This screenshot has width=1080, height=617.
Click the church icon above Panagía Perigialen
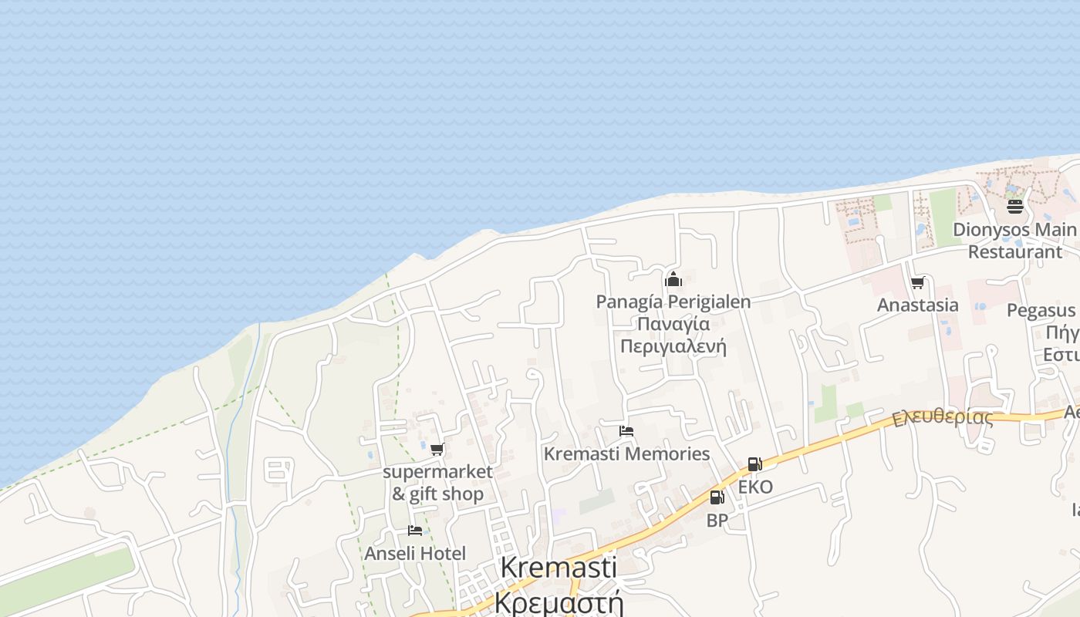coord(673,279)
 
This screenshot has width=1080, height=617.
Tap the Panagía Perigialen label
coord(673,302)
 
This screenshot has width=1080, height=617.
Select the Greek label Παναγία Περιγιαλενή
coord(673,335)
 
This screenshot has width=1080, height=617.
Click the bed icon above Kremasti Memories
coord(626,431)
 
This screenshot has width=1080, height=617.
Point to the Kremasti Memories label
coord(626,453)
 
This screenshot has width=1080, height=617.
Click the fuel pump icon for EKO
coord(754,464)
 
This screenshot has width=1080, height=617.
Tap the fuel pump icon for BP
coord(717,497)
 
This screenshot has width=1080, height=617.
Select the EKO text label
coord(755,487)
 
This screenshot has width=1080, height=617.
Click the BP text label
coord(717,521)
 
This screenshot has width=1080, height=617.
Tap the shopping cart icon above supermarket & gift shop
coord(437,449)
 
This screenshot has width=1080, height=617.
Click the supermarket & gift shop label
coord(437,483)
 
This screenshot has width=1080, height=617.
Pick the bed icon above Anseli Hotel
coord(415,531)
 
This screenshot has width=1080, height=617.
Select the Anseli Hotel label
coord(415,554)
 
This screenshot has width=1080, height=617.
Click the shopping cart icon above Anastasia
coord(917,283)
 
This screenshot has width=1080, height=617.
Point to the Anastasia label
coord(918,305)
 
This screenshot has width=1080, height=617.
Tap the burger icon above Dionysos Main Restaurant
coord(1014,207)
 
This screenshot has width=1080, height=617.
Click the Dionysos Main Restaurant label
coord(1014,241)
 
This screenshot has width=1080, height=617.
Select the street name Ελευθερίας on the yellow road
coord(943,417)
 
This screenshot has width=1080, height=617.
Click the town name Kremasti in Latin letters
coord(559,568)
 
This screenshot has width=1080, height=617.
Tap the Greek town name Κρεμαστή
coord(559,602)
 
